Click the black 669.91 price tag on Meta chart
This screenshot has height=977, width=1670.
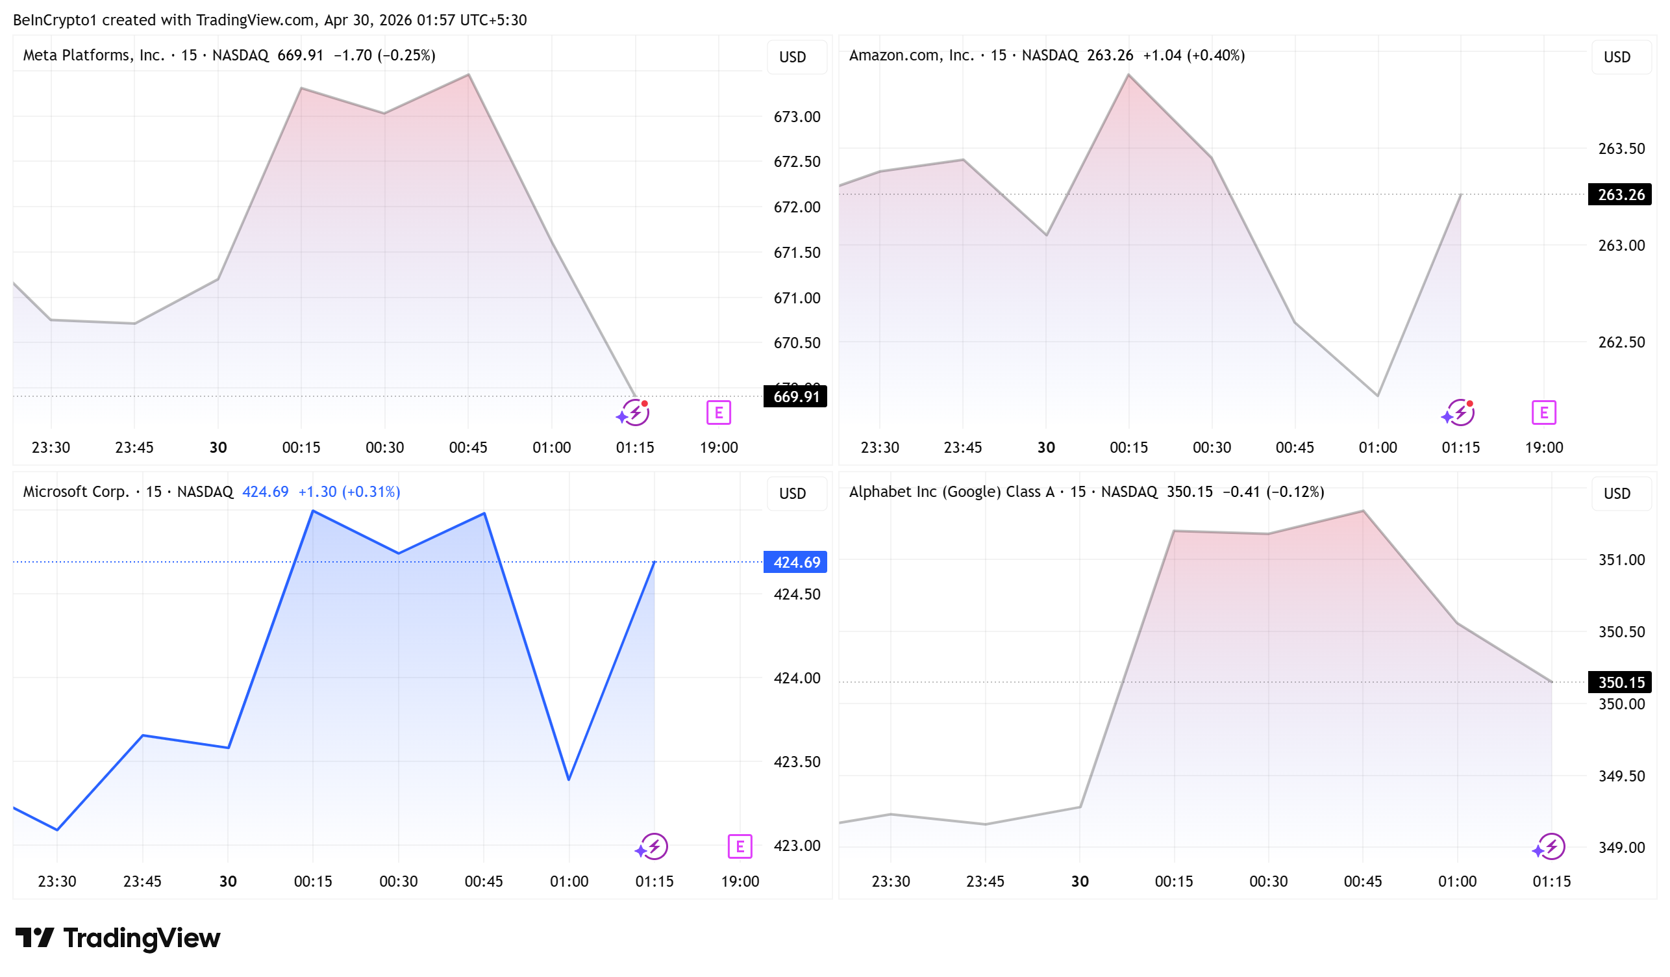pos(795,396)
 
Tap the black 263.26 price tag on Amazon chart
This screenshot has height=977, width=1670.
pos(1619,194)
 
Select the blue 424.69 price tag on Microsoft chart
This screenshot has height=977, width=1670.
pos(795,562)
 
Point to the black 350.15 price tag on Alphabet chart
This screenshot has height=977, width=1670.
pos(1619,682)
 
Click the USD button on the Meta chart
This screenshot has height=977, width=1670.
pos(793,57)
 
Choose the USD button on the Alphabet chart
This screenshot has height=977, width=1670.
pos(1617,494)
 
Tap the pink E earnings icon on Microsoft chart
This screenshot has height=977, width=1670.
pos(740,846)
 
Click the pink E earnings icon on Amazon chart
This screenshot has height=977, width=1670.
pos(1543,413)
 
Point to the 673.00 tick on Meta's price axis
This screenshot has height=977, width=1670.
pos(797,117)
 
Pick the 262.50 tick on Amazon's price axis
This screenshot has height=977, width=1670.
pos(1621,342)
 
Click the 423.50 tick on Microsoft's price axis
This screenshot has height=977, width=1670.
pos(797,761)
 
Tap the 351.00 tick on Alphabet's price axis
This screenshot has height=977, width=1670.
pos(1621,560)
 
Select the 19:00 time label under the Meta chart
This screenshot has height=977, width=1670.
pos(718,448)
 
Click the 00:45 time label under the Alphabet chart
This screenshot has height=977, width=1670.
pos(1362,882)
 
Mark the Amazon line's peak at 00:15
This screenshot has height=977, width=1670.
pos(1128,75)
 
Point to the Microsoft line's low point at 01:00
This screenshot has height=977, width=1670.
pos(569,780)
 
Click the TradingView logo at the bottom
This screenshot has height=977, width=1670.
pos(118,938)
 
